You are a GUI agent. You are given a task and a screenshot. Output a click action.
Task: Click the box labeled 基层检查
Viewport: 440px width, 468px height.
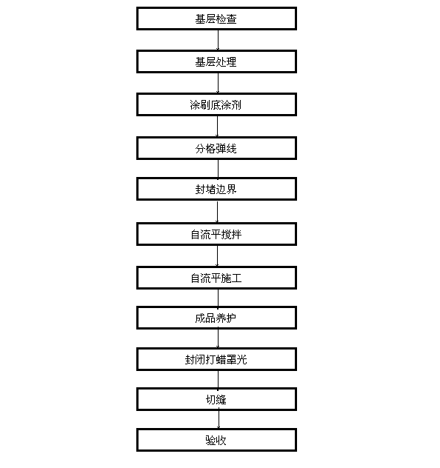pos(216,19)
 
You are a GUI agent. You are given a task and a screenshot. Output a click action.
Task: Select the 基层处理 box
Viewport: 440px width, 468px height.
pos(216,61)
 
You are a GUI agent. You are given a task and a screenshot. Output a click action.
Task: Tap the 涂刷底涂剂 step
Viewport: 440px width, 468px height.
pos(216,104)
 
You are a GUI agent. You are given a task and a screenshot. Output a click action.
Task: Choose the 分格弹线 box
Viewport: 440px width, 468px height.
pos(216,148)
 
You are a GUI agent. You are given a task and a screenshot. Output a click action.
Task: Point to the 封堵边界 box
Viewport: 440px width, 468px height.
pos(216,189)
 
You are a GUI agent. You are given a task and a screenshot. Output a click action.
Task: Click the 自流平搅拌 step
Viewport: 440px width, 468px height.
pos(216,234)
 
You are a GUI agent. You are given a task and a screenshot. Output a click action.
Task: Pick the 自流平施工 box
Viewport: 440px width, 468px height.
pos(216,278)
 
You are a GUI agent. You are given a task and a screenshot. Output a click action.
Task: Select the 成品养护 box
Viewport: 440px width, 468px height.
pos(216,318)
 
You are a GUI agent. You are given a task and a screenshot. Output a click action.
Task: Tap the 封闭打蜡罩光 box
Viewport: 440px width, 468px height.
pos(216,359)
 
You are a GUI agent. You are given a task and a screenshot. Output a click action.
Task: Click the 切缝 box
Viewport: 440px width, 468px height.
pos(216,399)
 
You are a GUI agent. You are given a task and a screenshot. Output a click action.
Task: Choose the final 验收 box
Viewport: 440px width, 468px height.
pos(216,440)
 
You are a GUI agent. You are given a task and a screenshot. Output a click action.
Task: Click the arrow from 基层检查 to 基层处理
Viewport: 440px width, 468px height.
pos(218,40)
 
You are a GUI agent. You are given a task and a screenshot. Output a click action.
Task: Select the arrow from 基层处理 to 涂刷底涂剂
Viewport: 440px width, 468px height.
pos(218,83)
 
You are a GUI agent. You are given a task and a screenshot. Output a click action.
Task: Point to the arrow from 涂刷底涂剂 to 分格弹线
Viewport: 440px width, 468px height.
pos(217,126)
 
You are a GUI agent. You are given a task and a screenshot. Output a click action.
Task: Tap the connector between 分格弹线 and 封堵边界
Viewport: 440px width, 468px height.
pos(218,169)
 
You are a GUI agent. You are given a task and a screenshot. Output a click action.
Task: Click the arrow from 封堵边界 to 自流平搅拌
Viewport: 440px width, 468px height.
pos(217,212)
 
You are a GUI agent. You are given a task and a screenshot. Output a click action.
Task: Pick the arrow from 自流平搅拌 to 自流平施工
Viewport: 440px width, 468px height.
pos(217,255)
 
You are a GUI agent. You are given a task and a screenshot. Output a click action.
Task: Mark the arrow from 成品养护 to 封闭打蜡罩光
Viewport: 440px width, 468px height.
pos(218,338)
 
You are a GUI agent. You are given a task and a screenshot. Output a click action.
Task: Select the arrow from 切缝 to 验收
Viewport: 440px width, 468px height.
pos(219,419)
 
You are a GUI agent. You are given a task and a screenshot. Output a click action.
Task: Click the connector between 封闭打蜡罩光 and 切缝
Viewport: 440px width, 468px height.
pos(218,379)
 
